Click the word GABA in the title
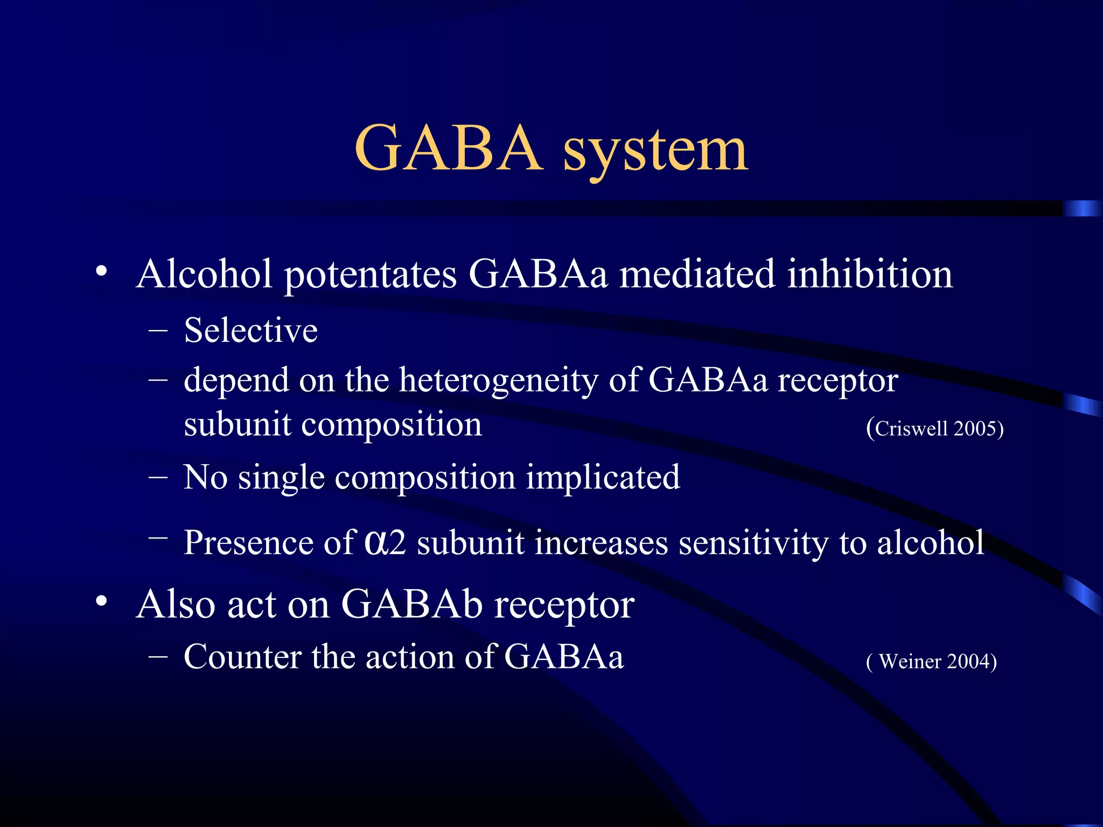[x=448, y=148]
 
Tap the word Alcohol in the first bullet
[x=204, y=274]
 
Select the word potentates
[x=371, y=276]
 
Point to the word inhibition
[x=870, y=274]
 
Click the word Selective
[x=250, y=330]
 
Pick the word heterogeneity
[x=498, y=381]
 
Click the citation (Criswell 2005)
[x=935, y=429]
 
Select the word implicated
[x=603, y=478]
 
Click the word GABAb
[x=412, y=604]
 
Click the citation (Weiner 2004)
[x=931, y=661]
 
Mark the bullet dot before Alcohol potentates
[x=101, y=271]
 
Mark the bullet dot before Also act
[x=101, y=601]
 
